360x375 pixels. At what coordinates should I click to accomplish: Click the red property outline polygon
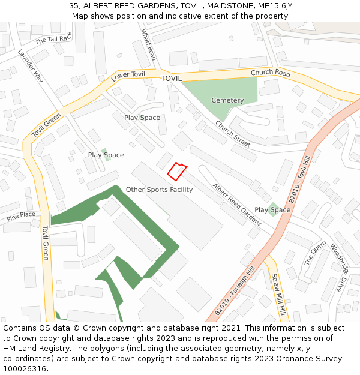click(176, 171)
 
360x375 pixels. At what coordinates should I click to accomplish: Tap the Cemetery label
click(227, 100)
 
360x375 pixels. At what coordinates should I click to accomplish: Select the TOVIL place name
click(171, 79)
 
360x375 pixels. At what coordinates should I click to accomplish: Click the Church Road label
click(271, 73)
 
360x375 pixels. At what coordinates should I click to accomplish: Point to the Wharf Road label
click(148, 44)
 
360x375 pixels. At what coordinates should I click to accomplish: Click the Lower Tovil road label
click(128, 76)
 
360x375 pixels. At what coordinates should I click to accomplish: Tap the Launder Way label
click(31, 65)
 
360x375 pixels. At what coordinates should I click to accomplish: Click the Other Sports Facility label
click(159, 190)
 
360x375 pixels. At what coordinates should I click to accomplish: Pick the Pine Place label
click(21, 215)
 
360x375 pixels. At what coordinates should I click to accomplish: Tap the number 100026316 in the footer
click(25, 368)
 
